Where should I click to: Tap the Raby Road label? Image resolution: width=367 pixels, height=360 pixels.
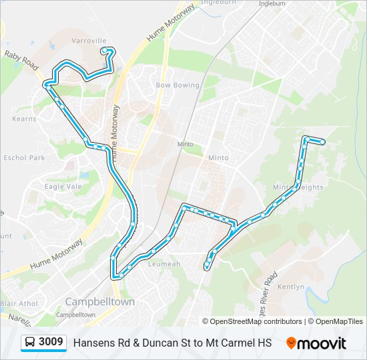(21, 59)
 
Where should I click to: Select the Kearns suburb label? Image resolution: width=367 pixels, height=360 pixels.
(24, 119)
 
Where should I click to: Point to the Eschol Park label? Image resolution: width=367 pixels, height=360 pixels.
(24, 158)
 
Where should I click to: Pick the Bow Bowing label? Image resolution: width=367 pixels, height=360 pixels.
(177, 85)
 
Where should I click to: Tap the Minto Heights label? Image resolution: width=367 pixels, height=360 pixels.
(298, 187)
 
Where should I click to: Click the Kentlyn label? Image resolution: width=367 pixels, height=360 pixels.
(290, 287)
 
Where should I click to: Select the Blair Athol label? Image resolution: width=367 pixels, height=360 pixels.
(18, 303)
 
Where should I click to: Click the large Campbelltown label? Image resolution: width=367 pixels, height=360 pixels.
(100, 302)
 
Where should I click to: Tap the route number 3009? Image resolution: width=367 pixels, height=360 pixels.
(51, 342)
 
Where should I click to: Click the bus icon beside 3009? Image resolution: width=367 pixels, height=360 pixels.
(30, 343)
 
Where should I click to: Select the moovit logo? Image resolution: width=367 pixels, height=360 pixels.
(316, 343)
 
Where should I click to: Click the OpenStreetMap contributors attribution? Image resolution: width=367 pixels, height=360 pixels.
(256, 321)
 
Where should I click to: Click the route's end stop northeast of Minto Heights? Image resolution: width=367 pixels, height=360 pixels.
(323, 141)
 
